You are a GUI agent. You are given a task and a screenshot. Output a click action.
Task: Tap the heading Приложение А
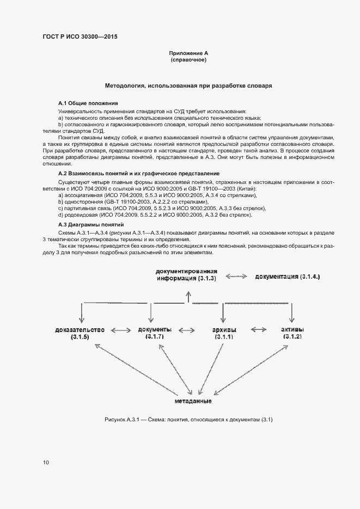click(x=188, y=53)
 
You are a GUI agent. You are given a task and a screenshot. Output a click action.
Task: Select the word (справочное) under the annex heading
click(x=188, y=60)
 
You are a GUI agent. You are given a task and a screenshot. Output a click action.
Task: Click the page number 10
click(x=46, y=462)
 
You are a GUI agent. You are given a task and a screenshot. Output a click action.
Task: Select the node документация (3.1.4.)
click(x=288, y=277)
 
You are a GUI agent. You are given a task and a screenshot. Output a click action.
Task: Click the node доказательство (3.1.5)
click(x=80, y=333)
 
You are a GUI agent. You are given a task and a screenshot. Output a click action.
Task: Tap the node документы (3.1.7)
click(x=155, y=333)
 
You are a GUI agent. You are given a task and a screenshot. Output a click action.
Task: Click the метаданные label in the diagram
click(x=193, y=401)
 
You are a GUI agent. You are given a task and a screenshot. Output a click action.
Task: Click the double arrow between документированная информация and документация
click(x=236, y=277)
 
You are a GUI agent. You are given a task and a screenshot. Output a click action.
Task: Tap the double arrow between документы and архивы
click(x=187, y=330)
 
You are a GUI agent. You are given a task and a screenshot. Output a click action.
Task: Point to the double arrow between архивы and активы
click(x=258, y=330)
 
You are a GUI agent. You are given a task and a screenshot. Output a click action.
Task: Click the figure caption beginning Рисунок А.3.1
click(x=188, y=420)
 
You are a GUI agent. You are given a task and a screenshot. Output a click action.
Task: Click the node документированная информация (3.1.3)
click(x=186, y=275)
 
